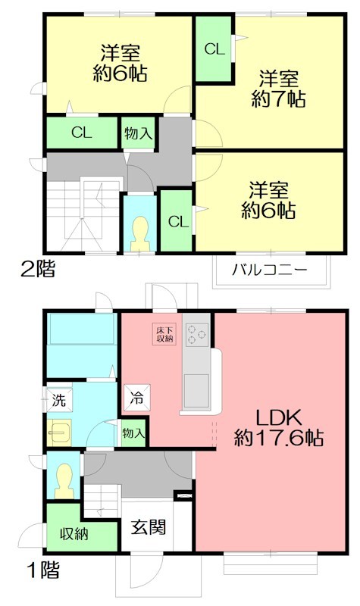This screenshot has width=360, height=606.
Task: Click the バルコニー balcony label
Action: pos(270,270)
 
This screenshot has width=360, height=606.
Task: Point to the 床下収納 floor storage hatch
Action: pos(165,335)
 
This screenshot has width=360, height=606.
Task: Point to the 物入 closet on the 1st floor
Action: pos(133,434)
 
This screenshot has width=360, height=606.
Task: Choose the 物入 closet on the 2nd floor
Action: pos(139,134)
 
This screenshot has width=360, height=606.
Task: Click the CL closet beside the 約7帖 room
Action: pos(214,50)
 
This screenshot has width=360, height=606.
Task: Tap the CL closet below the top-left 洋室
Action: pos(82,133)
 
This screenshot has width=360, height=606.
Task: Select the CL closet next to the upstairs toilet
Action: pos(177,221)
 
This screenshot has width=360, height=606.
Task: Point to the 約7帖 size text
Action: pos(280,98)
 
